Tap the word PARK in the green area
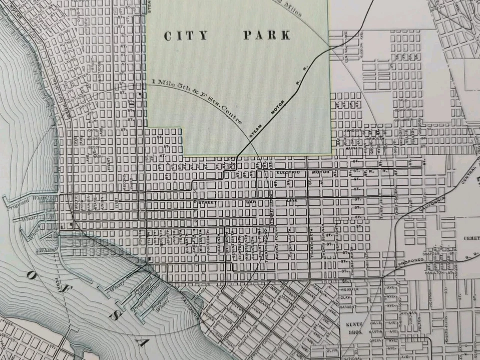[x=267, y=35]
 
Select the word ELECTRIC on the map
[x=287, y=173]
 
